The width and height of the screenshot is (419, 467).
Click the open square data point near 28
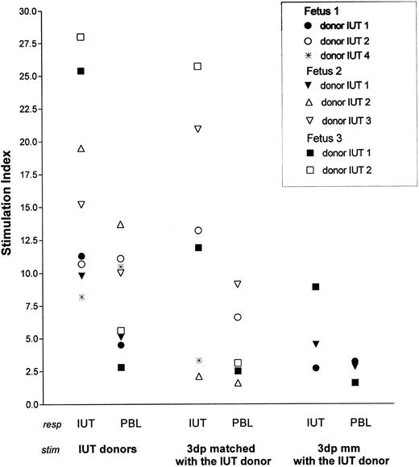tap(81, 37)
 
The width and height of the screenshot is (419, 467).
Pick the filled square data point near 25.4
tap(81, 71)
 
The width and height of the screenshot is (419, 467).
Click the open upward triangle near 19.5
tap(81, 149)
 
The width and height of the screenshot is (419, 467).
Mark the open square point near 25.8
tap(197, 66)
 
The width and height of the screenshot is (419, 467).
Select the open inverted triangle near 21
tap(197, 129)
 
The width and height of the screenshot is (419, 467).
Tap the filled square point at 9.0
tap(315, 287)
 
